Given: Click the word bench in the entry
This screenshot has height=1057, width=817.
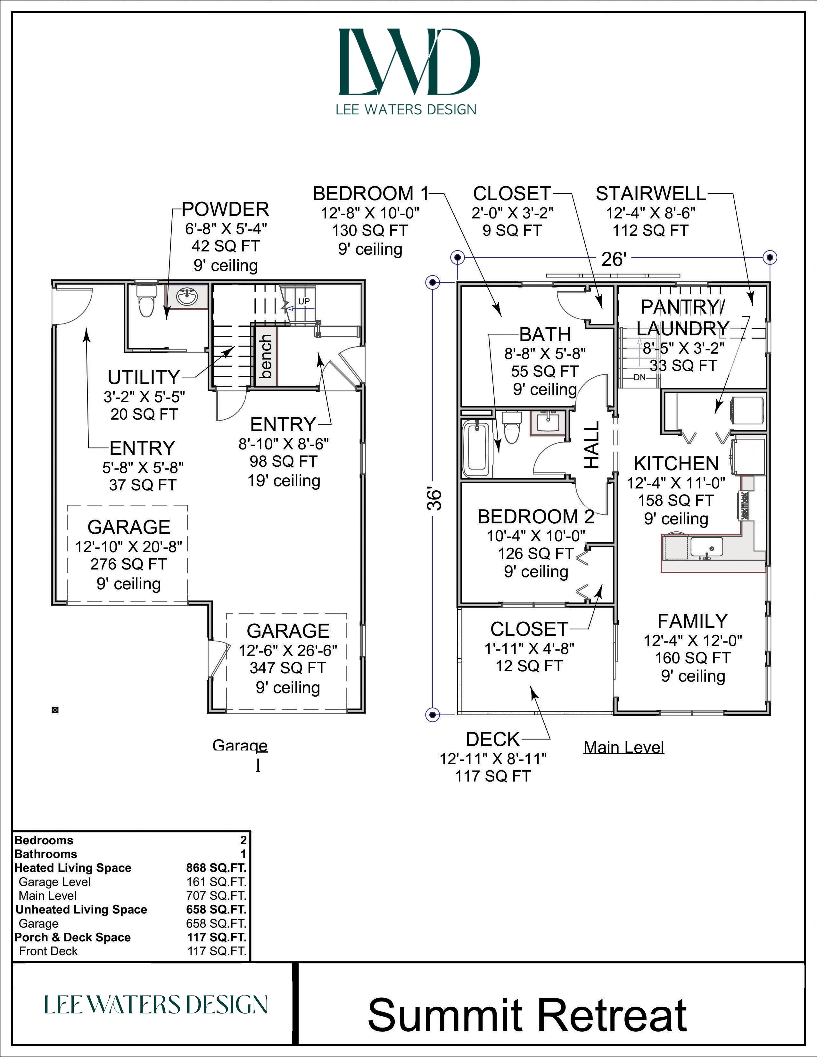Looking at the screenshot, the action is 266,357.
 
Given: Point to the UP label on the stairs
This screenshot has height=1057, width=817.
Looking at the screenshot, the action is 304,301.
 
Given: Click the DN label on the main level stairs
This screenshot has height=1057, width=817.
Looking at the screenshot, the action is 640,377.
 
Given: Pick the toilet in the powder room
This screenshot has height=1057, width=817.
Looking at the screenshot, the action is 146,299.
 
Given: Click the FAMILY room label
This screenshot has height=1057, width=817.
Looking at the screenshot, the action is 693,621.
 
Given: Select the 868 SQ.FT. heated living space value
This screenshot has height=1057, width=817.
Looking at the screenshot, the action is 216,868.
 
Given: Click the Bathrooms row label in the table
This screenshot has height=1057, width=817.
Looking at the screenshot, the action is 45,854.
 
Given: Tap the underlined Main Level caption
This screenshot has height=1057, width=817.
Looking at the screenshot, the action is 624,747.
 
